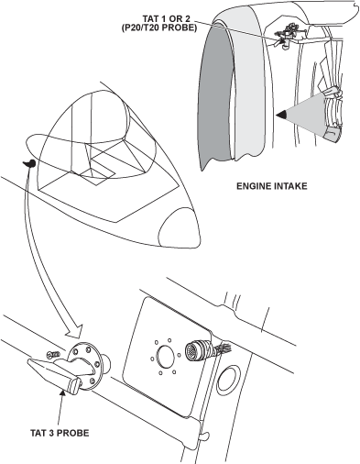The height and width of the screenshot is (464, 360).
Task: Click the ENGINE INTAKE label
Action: (272, 186)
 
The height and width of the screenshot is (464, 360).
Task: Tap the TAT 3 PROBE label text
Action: (60, 433)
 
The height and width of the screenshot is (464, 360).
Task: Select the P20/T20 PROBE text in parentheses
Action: (159, 28)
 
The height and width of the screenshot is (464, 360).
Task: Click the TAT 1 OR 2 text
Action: (167, 19)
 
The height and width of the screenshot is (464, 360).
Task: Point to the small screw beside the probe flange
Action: (53, 355)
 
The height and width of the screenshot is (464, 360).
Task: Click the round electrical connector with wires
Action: (195, 350)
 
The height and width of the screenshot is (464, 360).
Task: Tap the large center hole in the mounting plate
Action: (165, 356)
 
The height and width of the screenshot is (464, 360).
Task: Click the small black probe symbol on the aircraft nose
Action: (29, 163)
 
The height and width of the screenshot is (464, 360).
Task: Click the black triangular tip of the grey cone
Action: (281, 115)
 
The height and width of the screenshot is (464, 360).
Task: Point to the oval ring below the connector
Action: (228, 381)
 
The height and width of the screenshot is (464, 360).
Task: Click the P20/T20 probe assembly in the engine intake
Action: (287, 36)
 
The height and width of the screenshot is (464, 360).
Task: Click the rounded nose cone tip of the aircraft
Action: (180, 227)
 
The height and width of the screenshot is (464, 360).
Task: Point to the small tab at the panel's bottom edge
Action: (204, 436)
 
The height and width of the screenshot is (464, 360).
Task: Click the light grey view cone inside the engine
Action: (309, 115)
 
